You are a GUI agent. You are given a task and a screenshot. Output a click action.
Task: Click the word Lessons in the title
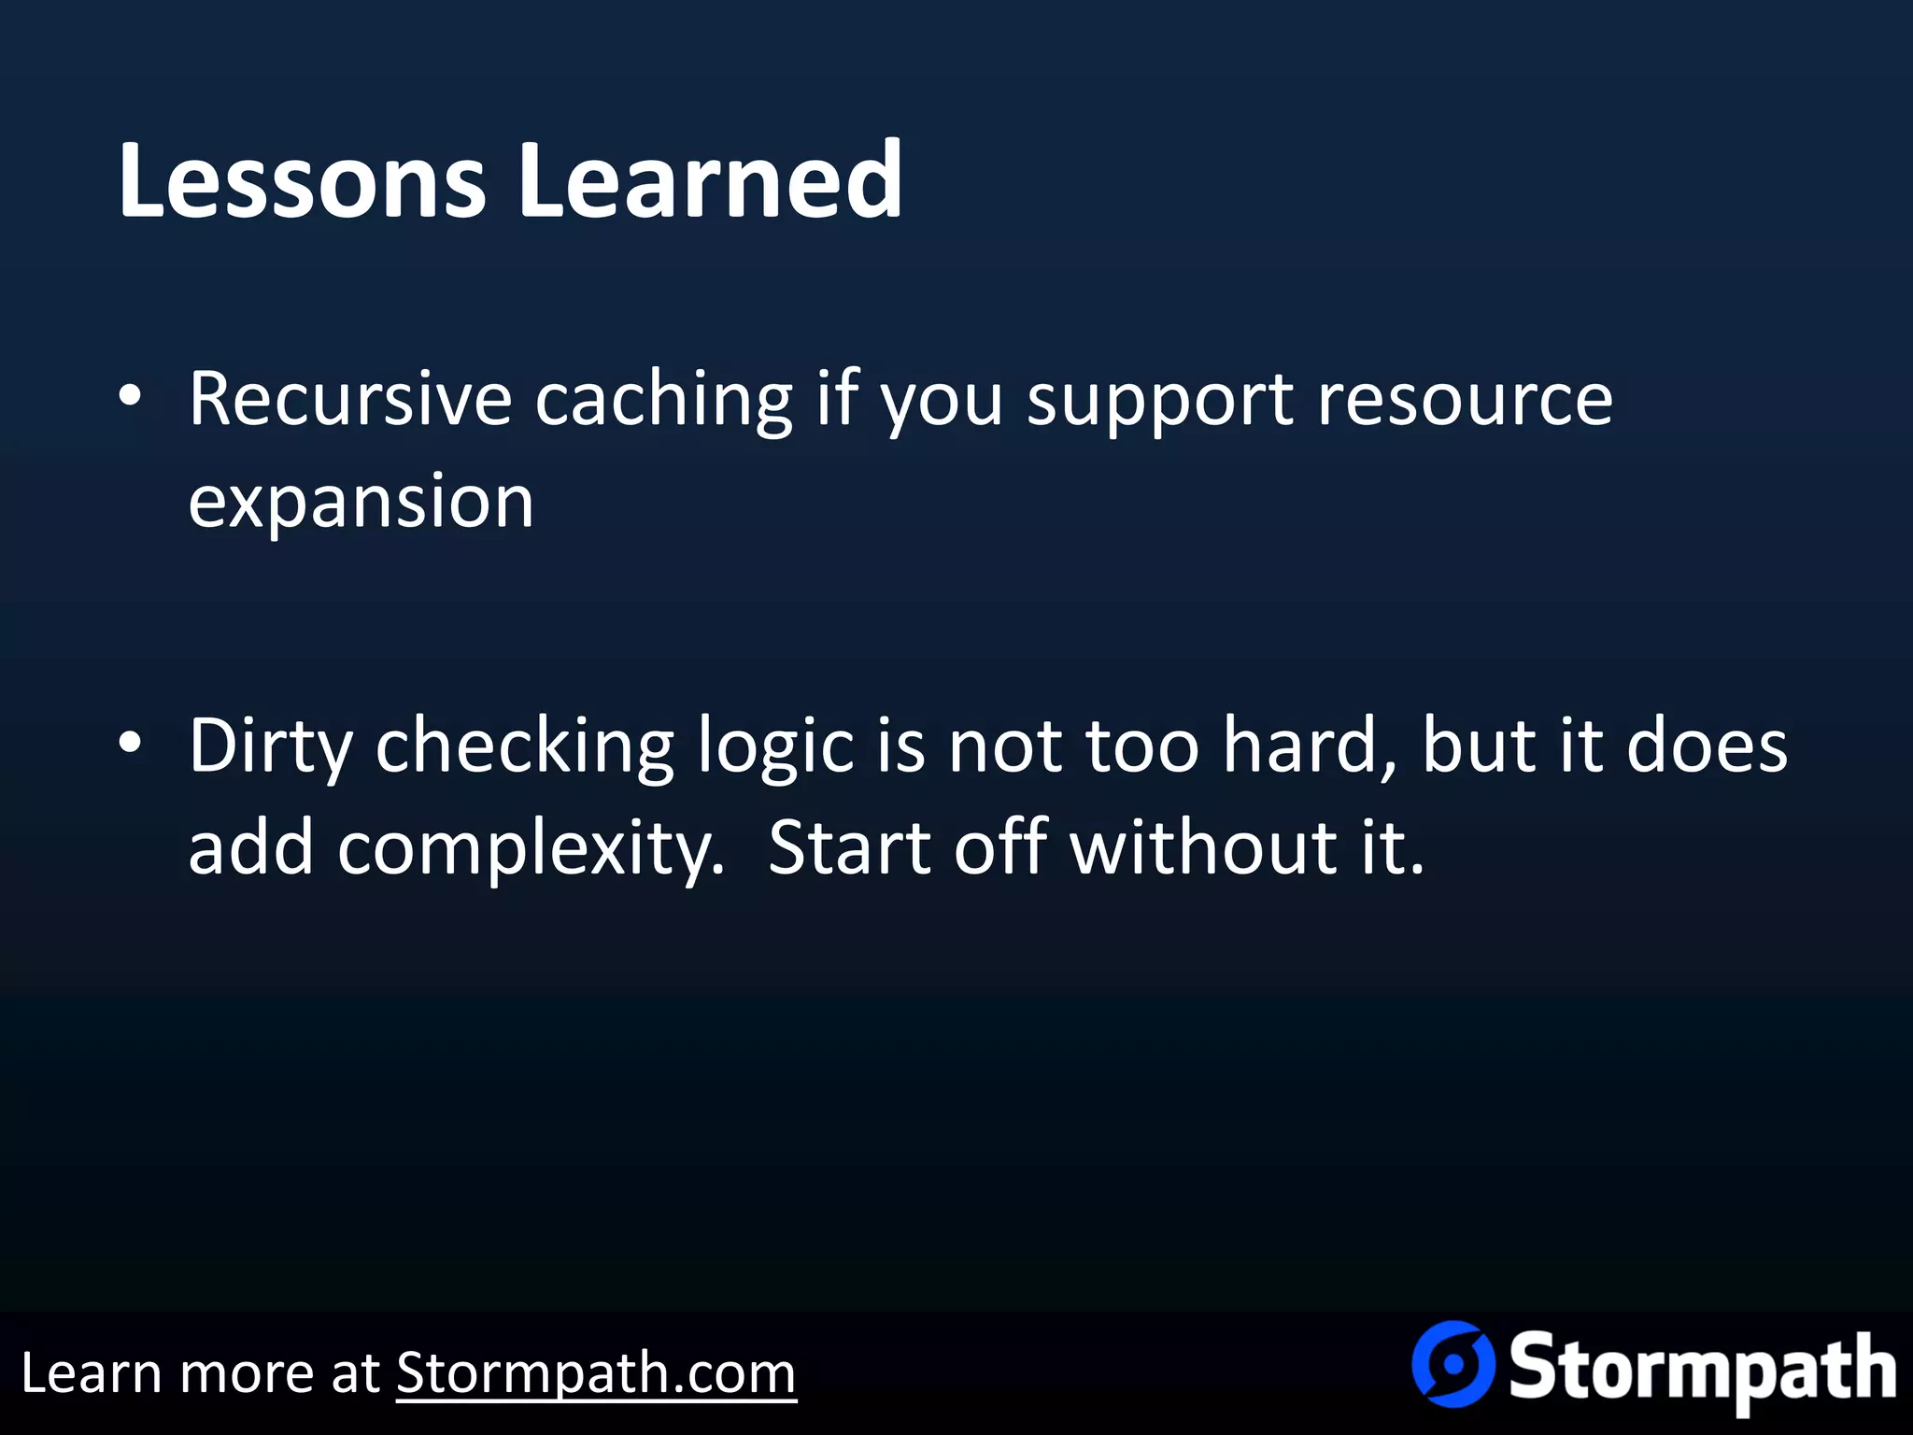point(301,179)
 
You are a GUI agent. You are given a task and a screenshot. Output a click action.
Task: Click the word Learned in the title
point(710,179)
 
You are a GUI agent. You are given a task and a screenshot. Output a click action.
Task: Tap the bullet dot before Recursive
point(131,396)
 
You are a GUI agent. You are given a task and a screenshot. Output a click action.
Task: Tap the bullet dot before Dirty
point(131,743)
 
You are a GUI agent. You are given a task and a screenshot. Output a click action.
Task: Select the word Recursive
point(349,400)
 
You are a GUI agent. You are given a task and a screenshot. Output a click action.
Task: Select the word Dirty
point(270,747)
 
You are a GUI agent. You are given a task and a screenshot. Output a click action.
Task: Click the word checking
point(524,747)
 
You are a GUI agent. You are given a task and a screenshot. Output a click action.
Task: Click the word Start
point(848,848)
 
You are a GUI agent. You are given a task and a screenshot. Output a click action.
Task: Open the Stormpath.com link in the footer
point(596,1373)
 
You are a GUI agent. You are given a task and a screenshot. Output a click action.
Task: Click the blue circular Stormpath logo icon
point(1452,1364)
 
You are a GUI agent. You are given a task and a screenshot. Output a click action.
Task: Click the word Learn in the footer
point(90,1373)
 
